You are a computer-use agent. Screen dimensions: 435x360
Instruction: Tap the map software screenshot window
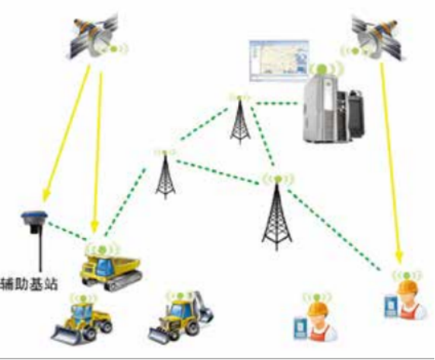(x=278, y=61)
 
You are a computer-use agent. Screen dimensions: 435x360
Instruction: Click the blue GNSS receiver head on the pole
(x=34, y=219)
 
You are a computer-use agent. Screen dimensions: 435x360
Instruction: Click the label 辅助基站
(x=29, y=284)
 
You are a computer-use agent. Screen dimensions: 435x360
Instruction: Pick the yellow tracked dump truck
(x=111, y=272)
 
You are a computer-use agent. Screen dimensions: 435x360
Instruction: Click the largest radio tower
(x=276, y=216)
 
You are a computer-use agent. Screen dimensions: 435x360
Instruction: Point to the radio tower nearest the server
(x=240, y=122)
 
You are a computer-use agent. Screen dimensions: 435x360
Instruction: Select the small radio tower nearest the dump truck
(x=165, y=176)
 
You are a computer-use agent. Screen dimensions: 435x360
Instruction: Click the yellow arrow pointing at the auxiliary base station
(x=67, y=133)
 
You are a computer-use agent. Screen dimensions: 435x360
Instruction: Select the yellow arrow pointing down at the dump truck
(x=98, y=152)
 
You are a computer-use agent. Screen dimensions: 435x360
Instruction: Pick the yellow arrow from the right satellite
(x=390, y=163)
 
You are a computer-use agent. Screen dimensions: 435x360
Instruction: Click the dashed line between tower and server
(x=277, y=104)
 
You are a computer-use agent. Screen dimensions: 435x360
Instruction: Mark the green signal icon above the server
(x=322, y=67)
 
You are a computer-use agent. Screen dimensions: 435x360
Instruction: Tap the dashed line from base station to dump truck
(x=67, y=230)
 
